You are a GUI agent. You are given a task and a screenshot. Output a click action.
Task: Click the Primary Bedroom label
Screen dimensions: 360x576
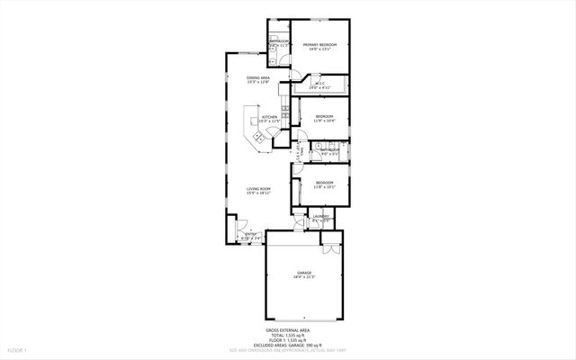(x=319, y=46)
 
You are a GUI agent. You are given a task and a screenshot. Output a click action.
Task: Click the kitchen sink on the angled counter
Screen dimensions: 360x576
(x=257, y=137)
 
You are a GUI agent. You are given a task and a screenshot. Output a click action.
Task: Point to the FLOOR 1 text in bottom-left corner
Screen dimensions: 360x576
(x=17, y=348)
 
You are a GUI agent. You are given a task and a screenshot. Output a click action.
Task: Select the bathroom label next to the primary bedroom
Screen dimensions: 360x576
(x=278, y=42)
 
